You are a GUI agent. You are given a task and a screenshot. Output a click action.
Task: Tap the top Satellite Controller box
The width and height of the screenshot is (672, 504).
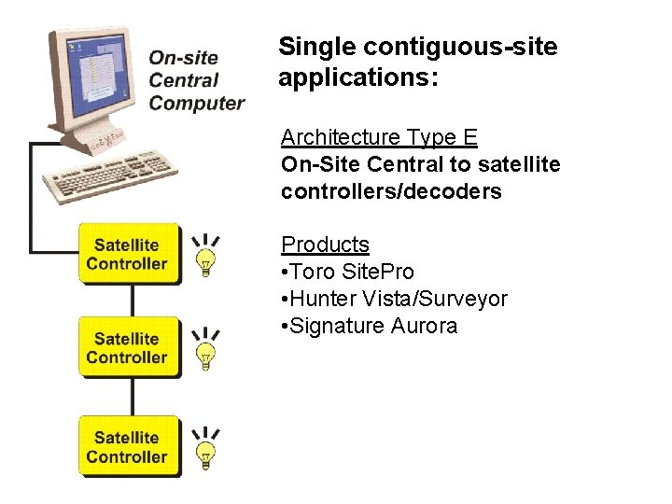[x=127, y=254]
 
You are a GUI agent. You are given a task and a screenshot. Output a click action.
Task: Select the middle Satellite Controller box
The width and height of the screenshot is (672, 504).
[x=127, y=347]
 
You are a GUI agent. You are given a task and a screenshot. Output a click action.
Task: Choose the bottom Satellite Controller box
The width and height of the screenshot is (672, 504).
[x=127, y=446]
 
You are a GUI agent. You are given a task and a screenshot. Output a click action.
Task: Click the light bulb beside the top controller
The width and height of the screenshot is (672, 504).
[x=205, y=256]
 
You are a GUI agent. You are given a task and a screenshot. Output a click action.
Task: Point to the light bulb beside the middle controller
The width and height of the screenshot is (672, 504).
[x=205, y=350]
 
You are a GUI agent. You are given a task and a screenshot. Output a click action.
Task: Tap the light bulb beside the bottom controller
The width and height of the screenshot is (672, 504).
[x=205, y=449]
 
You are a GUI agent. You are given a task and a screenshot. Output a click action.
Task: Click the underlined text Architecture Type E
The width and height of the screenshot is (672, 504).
[x=379, y=138]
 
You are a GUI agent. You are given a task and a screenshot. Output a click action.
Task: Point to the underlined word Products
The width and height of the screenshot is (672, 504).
[x=325, y=245]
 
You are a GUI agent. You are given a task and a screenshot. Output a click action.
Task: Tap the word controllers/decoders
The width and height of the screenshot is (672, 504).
[x=391, y=192]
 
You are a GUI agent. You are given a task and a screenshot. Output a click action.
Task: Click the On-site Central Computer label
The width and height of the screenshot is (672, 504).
[x=196, y=80]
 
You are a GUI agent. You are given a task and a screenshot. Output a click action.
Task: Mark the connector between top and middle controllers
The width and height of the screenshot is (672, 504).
[x=133, y=301]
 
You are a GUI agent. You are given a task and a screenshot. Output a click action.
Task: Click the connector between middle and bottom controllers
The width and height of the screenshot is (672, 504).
[x=133, y=397]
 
